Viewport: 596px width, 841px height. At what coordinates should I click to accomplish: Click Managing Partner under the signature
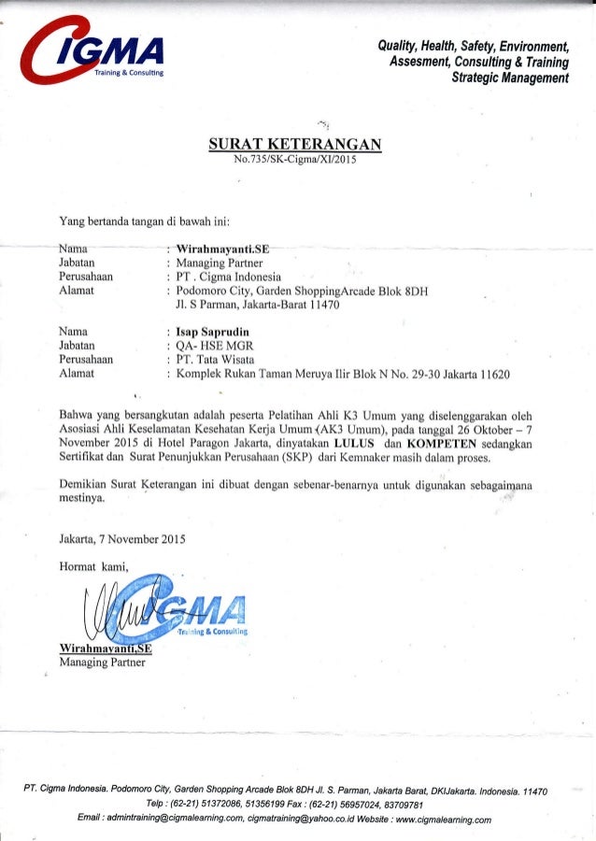pos(103,663)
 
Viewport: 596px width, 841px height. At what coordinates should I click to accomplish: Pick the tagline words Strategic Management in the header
pos(509,78)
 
